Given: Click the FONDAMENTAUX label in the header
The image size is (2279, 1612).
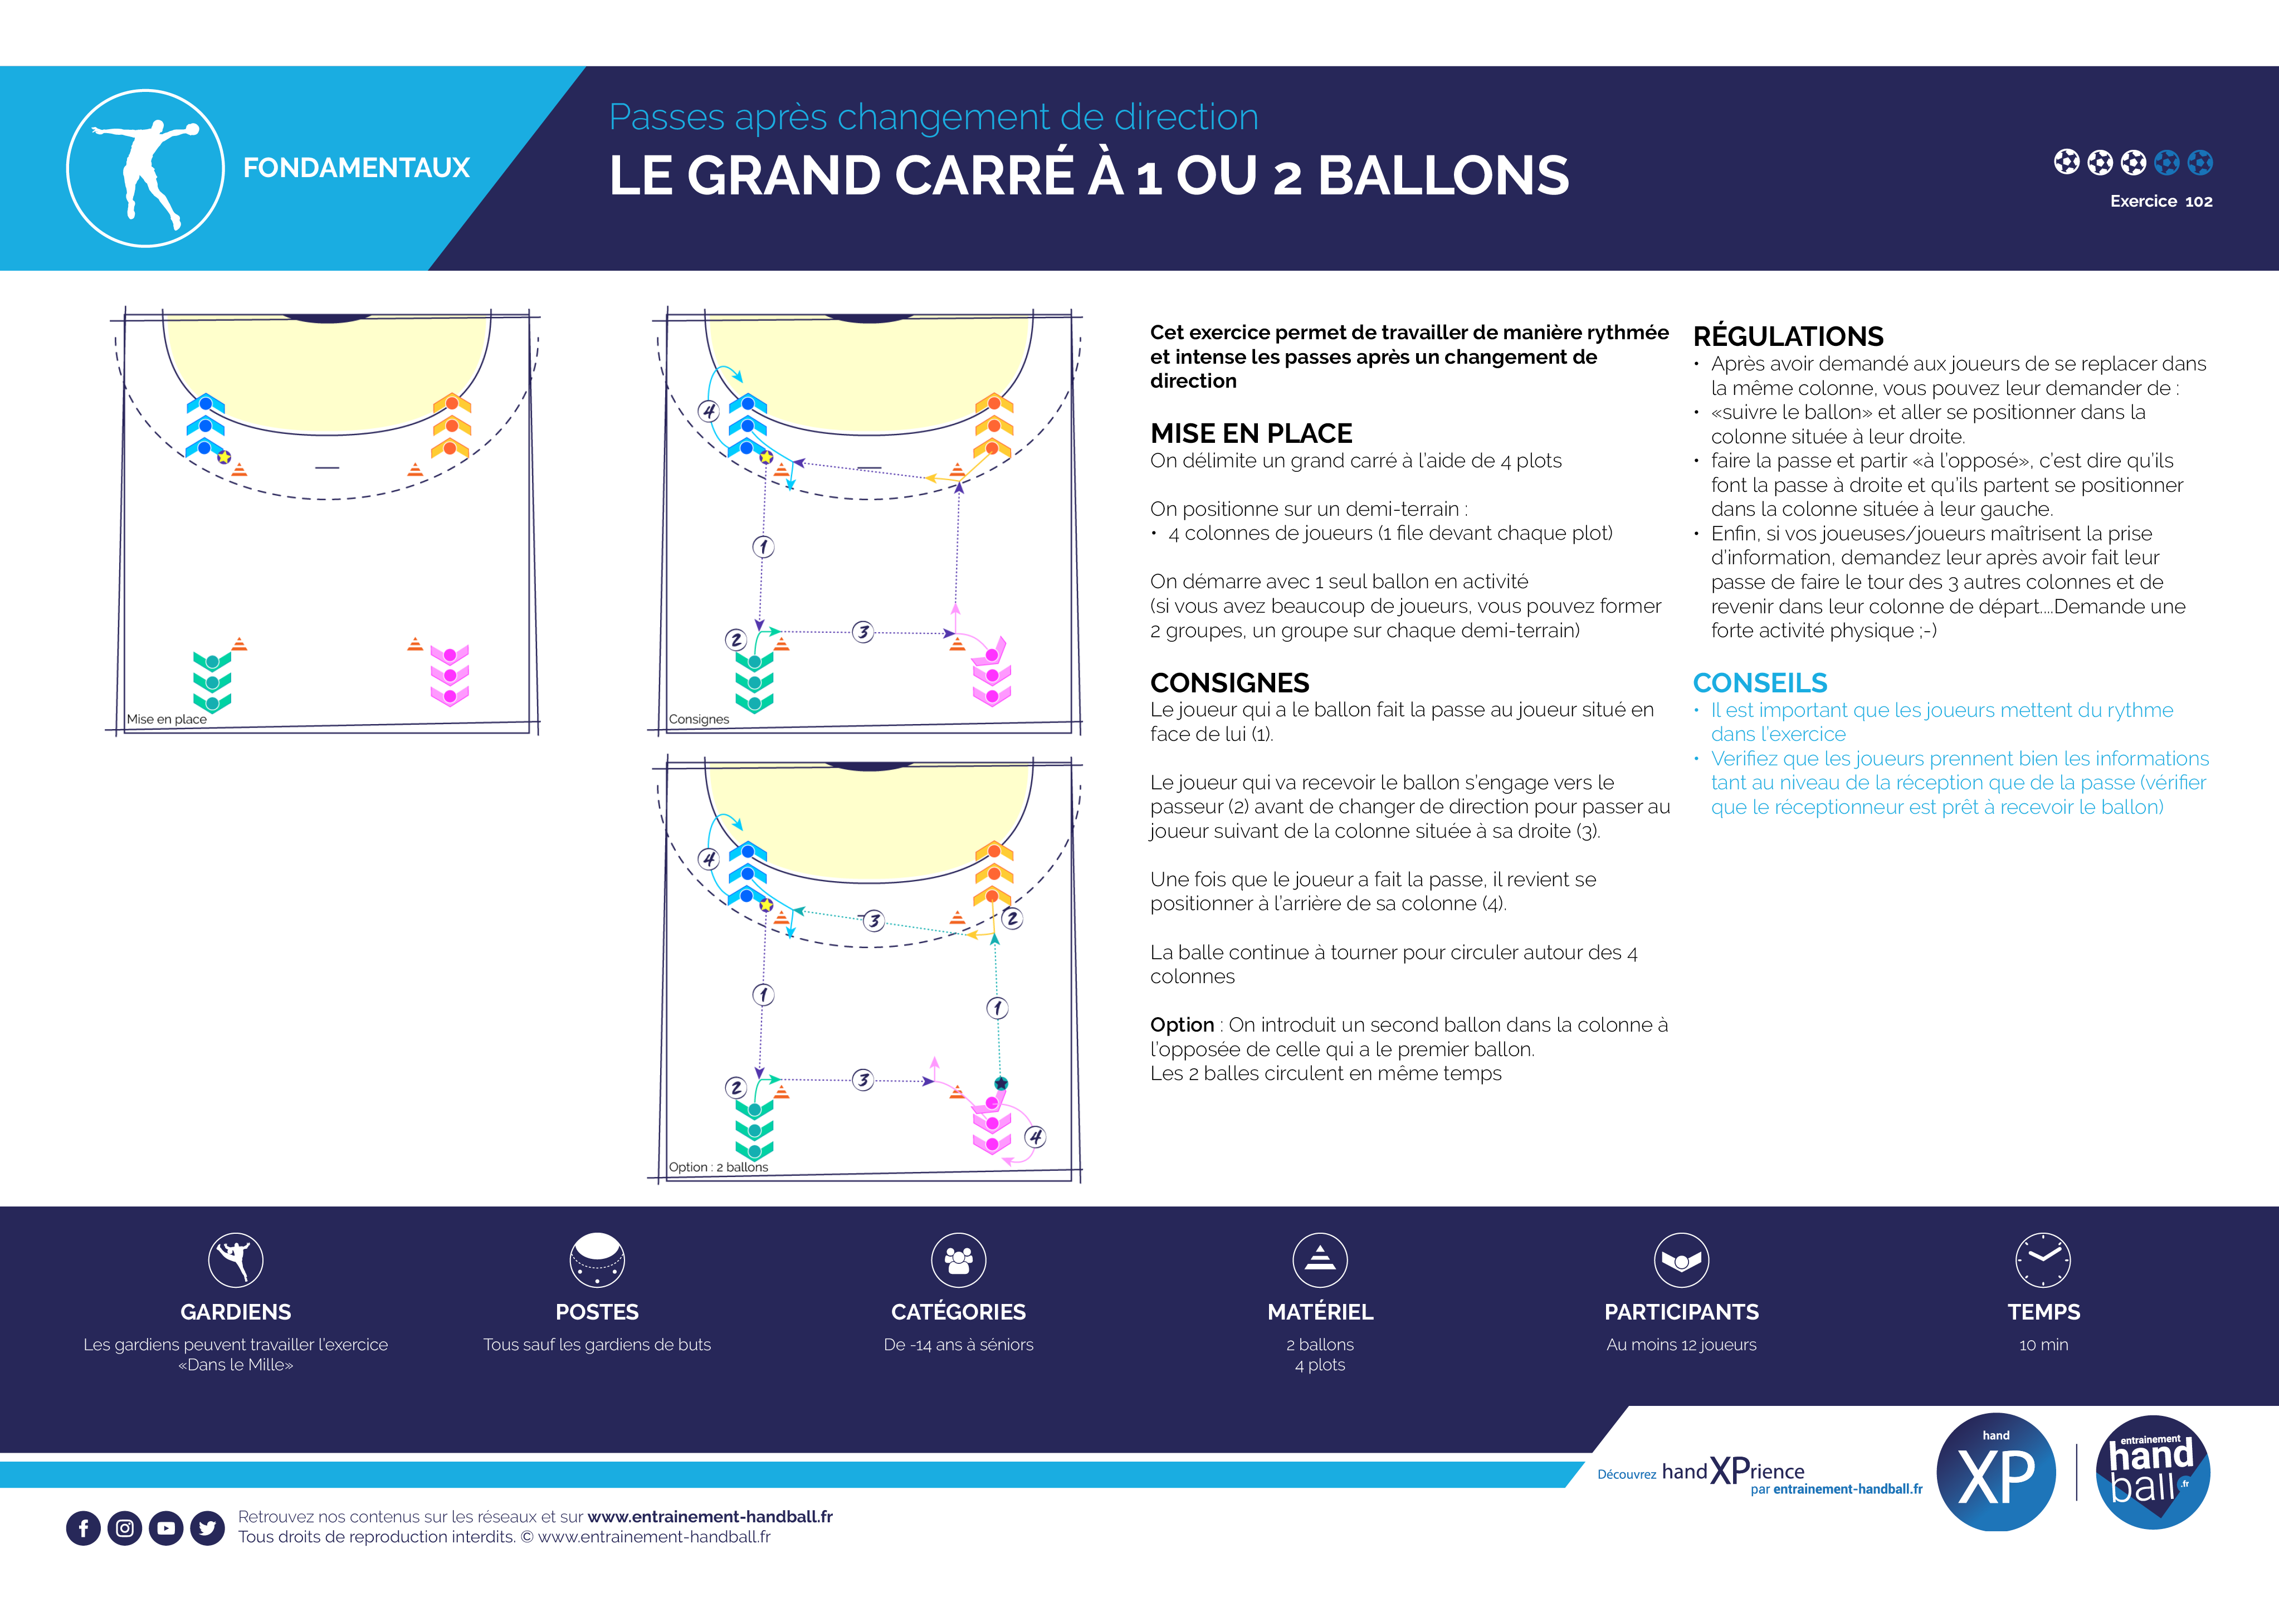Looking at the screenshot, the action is coord(357,168).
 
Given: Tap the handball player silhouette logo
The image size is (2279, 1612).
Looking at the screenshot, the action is coord(145,168).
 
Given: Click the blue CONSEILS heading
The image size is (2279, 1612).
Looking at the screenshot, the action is coord(1760,683).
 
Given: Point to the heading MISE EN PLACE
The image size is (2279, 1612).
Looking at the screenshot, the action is coord(1251,434).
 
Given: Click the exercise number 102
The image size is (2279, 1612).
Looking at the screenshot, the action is coord(2199,202).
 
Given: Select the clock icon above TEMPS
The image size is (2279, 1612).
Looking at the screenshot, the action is coord(2043,1259).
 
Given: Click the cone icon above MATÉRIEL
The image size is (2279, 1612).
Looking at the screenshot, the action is coord(1320,1259).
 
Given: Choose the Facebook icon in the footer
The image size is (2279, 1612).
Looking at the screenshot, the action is coord(84,1528).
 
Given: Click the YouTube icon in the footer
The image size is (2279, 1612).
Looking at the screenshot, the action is coord(166,1528).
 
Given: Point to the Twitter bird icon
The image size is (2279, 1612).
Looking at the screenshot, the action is coord(207,1528).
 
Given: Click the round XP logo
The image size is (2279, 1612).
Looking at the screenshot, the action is coord(1996,1472).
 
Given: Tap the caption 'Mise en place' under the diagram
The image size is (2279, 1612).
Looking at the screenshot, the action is coord(167,719).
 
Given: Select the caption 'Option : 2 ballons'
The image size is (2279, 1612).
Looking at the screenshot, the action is coord(719,1168).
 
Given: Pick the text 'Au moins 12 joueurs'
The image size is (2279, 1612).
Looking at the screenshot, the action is coord(1681,1345).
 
